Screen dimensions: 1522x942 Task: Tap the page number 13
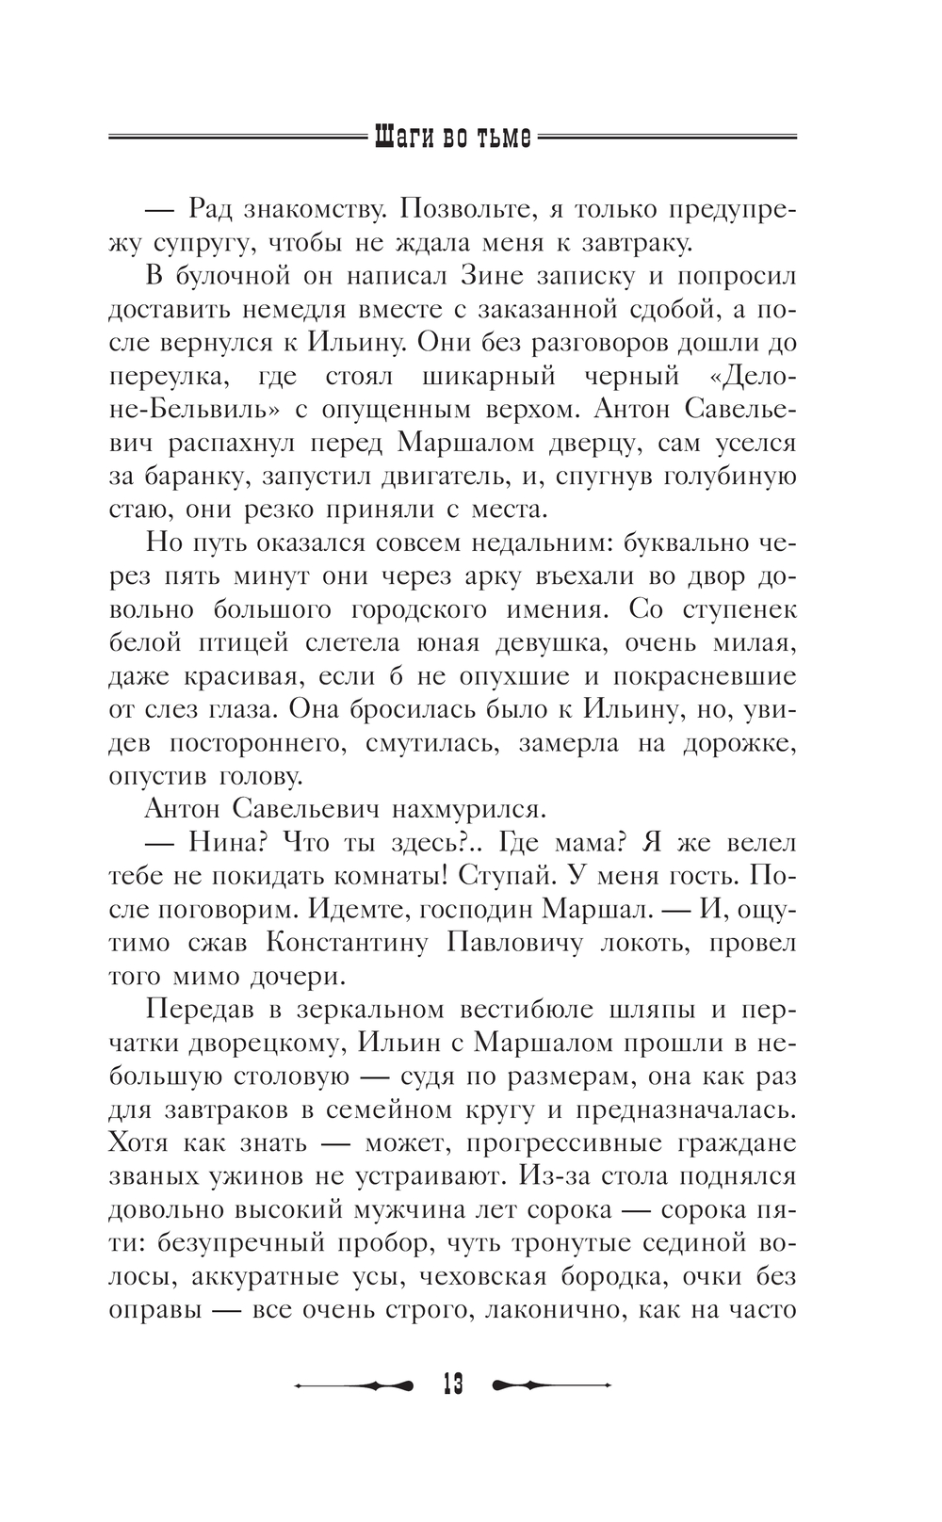point(452,1384)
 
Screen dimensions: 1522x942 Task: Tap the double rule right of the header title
point(667,138)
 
